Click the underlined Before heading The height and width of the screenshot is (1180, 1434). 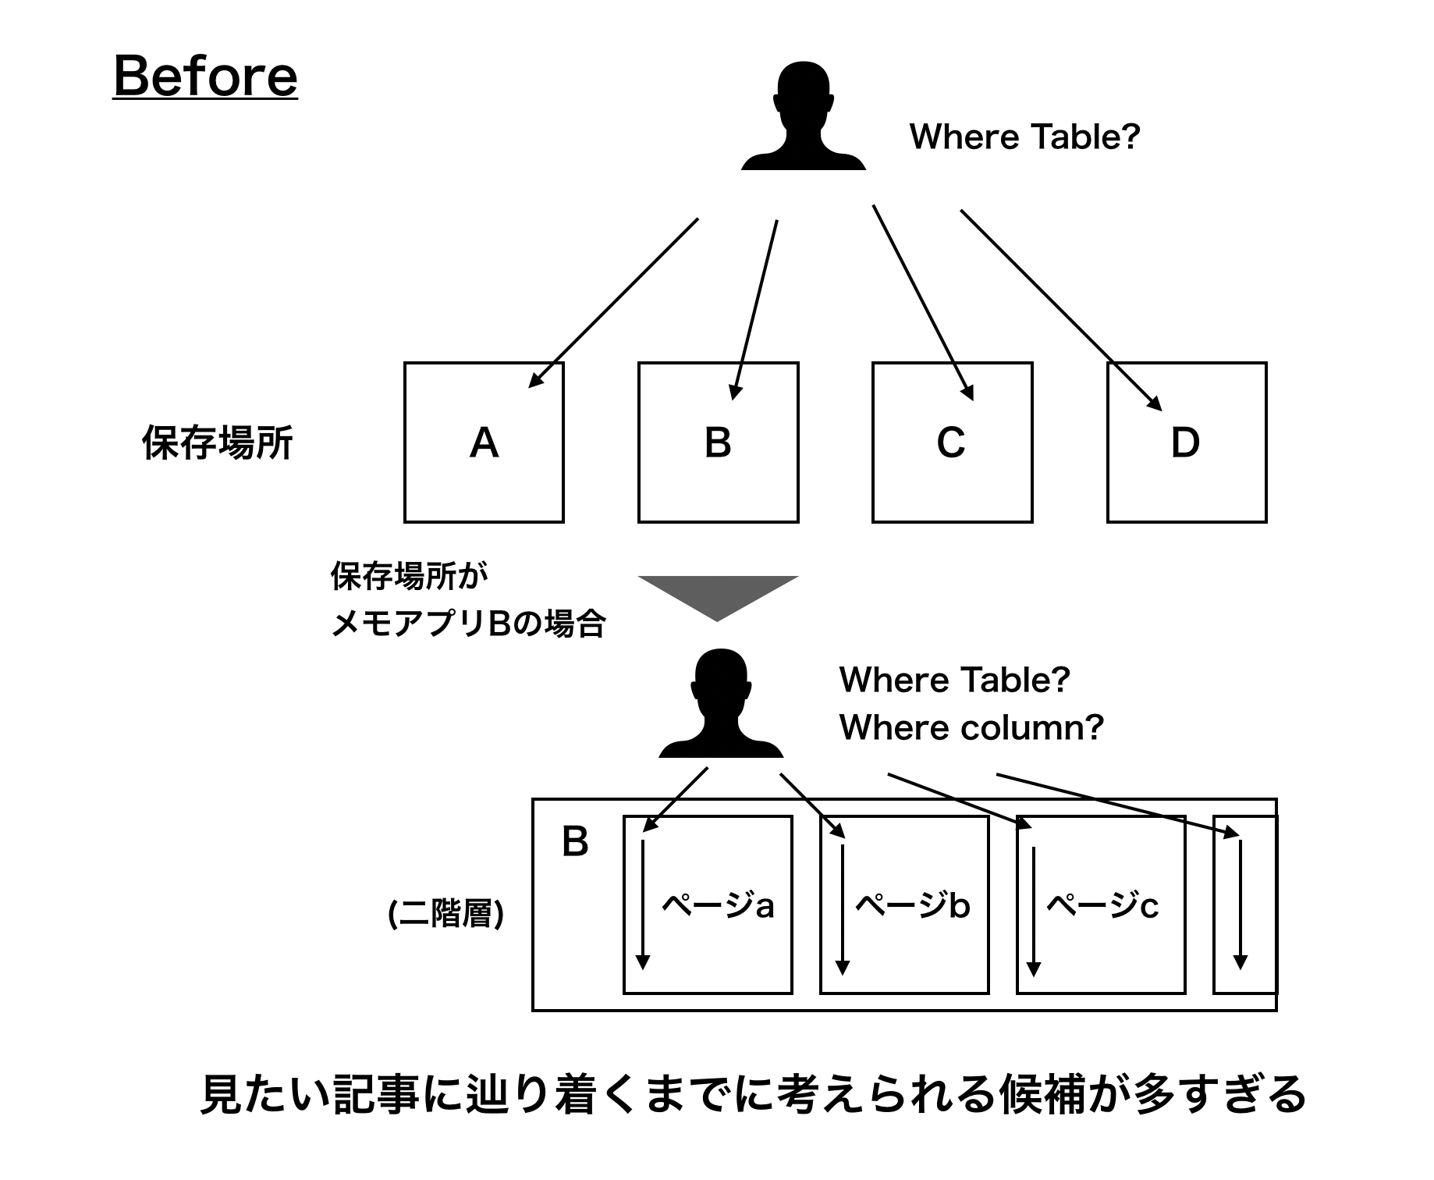[x=205, y=76]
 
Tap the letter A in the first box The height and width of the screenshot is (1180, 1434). [x=484, y=443]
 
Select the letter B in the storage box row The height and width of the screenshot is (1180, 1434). [x=718, y=443]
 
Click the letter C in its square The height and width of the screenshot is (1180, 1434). [x=951, y=443]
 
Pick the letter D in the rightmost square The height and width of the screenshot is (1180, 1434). [x=1185, y=443]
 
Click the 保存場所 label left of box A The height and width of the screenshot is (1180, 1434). [x=217, y=443]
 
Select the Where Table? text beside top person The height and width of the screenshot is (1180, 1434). [x=1024, y=137]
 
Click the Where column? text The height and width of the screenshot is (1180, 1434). [x=971, y=727]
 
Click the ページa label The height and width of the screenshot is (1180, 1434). [x=718, y=905]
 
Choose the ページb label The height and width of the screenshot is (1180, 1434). [x=913, y=905]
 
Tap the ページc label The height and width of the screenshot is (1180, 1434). [x=1102, y=905]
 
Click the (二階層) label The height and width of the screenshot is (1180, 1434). [x=445, y=914]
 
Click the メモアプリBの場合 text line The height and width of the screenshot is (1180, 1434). [x=468, y=624]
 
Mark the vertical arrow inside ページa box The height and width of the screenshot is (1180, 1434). [x=642, y=905]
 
